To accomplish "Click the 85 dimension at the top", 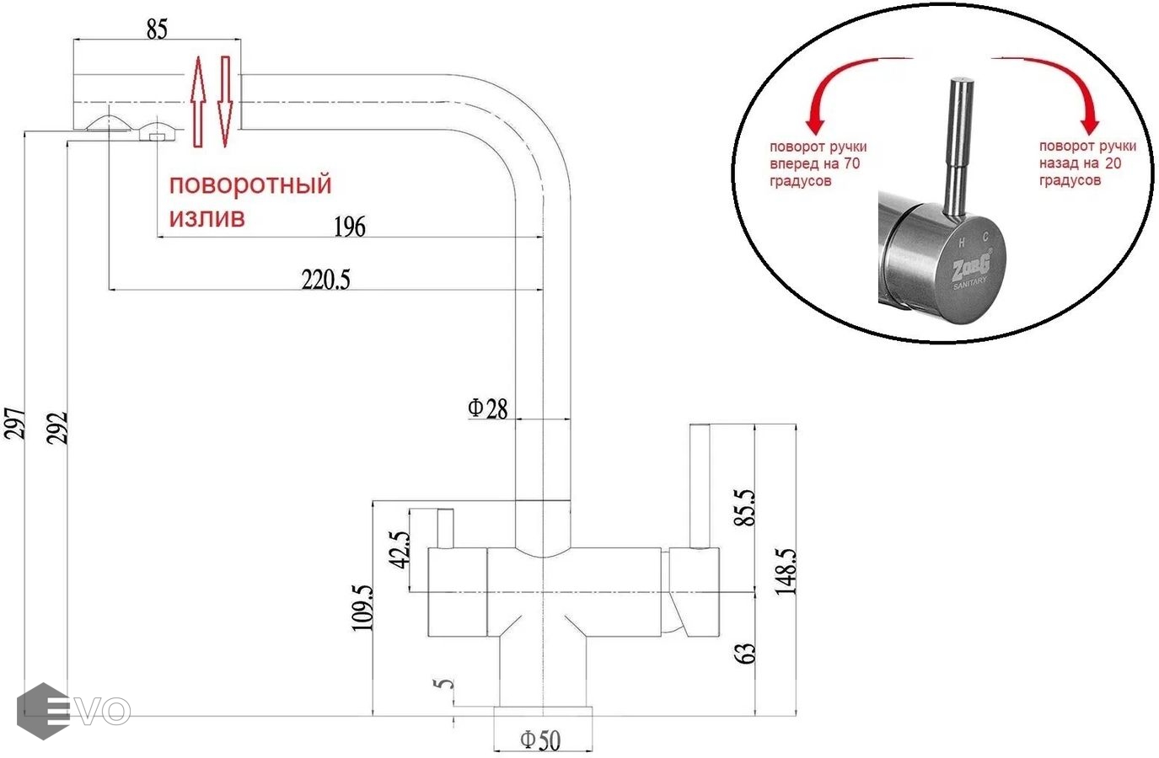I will pos(157,29).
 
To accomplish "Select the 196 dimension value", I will pos(350,227).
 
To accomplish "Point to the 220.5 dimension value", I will pos(325,280).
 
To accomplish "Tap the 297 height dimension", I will pos(16,423).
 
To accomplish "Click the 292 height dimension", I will pos(56,428).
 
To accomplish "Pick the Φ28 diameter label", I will pos(488,408).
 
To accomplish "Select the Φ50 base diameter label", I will pos(540,740).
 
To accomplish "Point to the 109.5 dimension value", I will pos(362,607).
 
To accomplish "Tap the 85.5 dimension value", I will pos(745,507).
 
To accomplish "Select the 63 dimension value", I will pos(745,653).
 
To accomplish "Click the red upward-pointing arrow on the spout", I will pos(197,101).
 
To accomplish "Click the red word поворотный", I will pos(250,184).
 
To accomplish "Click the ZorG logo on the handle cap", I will pos(971,268).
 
